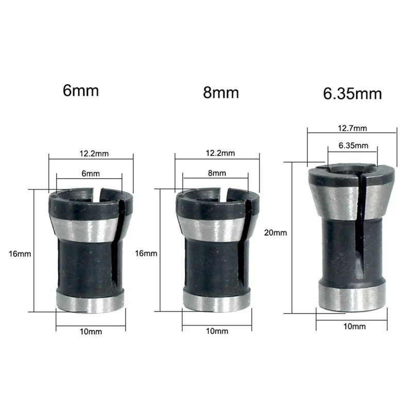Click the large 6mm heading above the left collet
coord(80,91)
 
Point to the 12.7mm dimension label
coord(353,128)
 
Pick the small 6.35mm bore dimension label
coord(354,146)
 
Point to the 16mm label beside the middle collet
coord(146,253)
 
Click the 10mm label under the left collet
coord(92,331)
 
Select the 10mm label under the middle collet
coord(217,331)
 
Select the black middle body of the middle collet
coord(211,265)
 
